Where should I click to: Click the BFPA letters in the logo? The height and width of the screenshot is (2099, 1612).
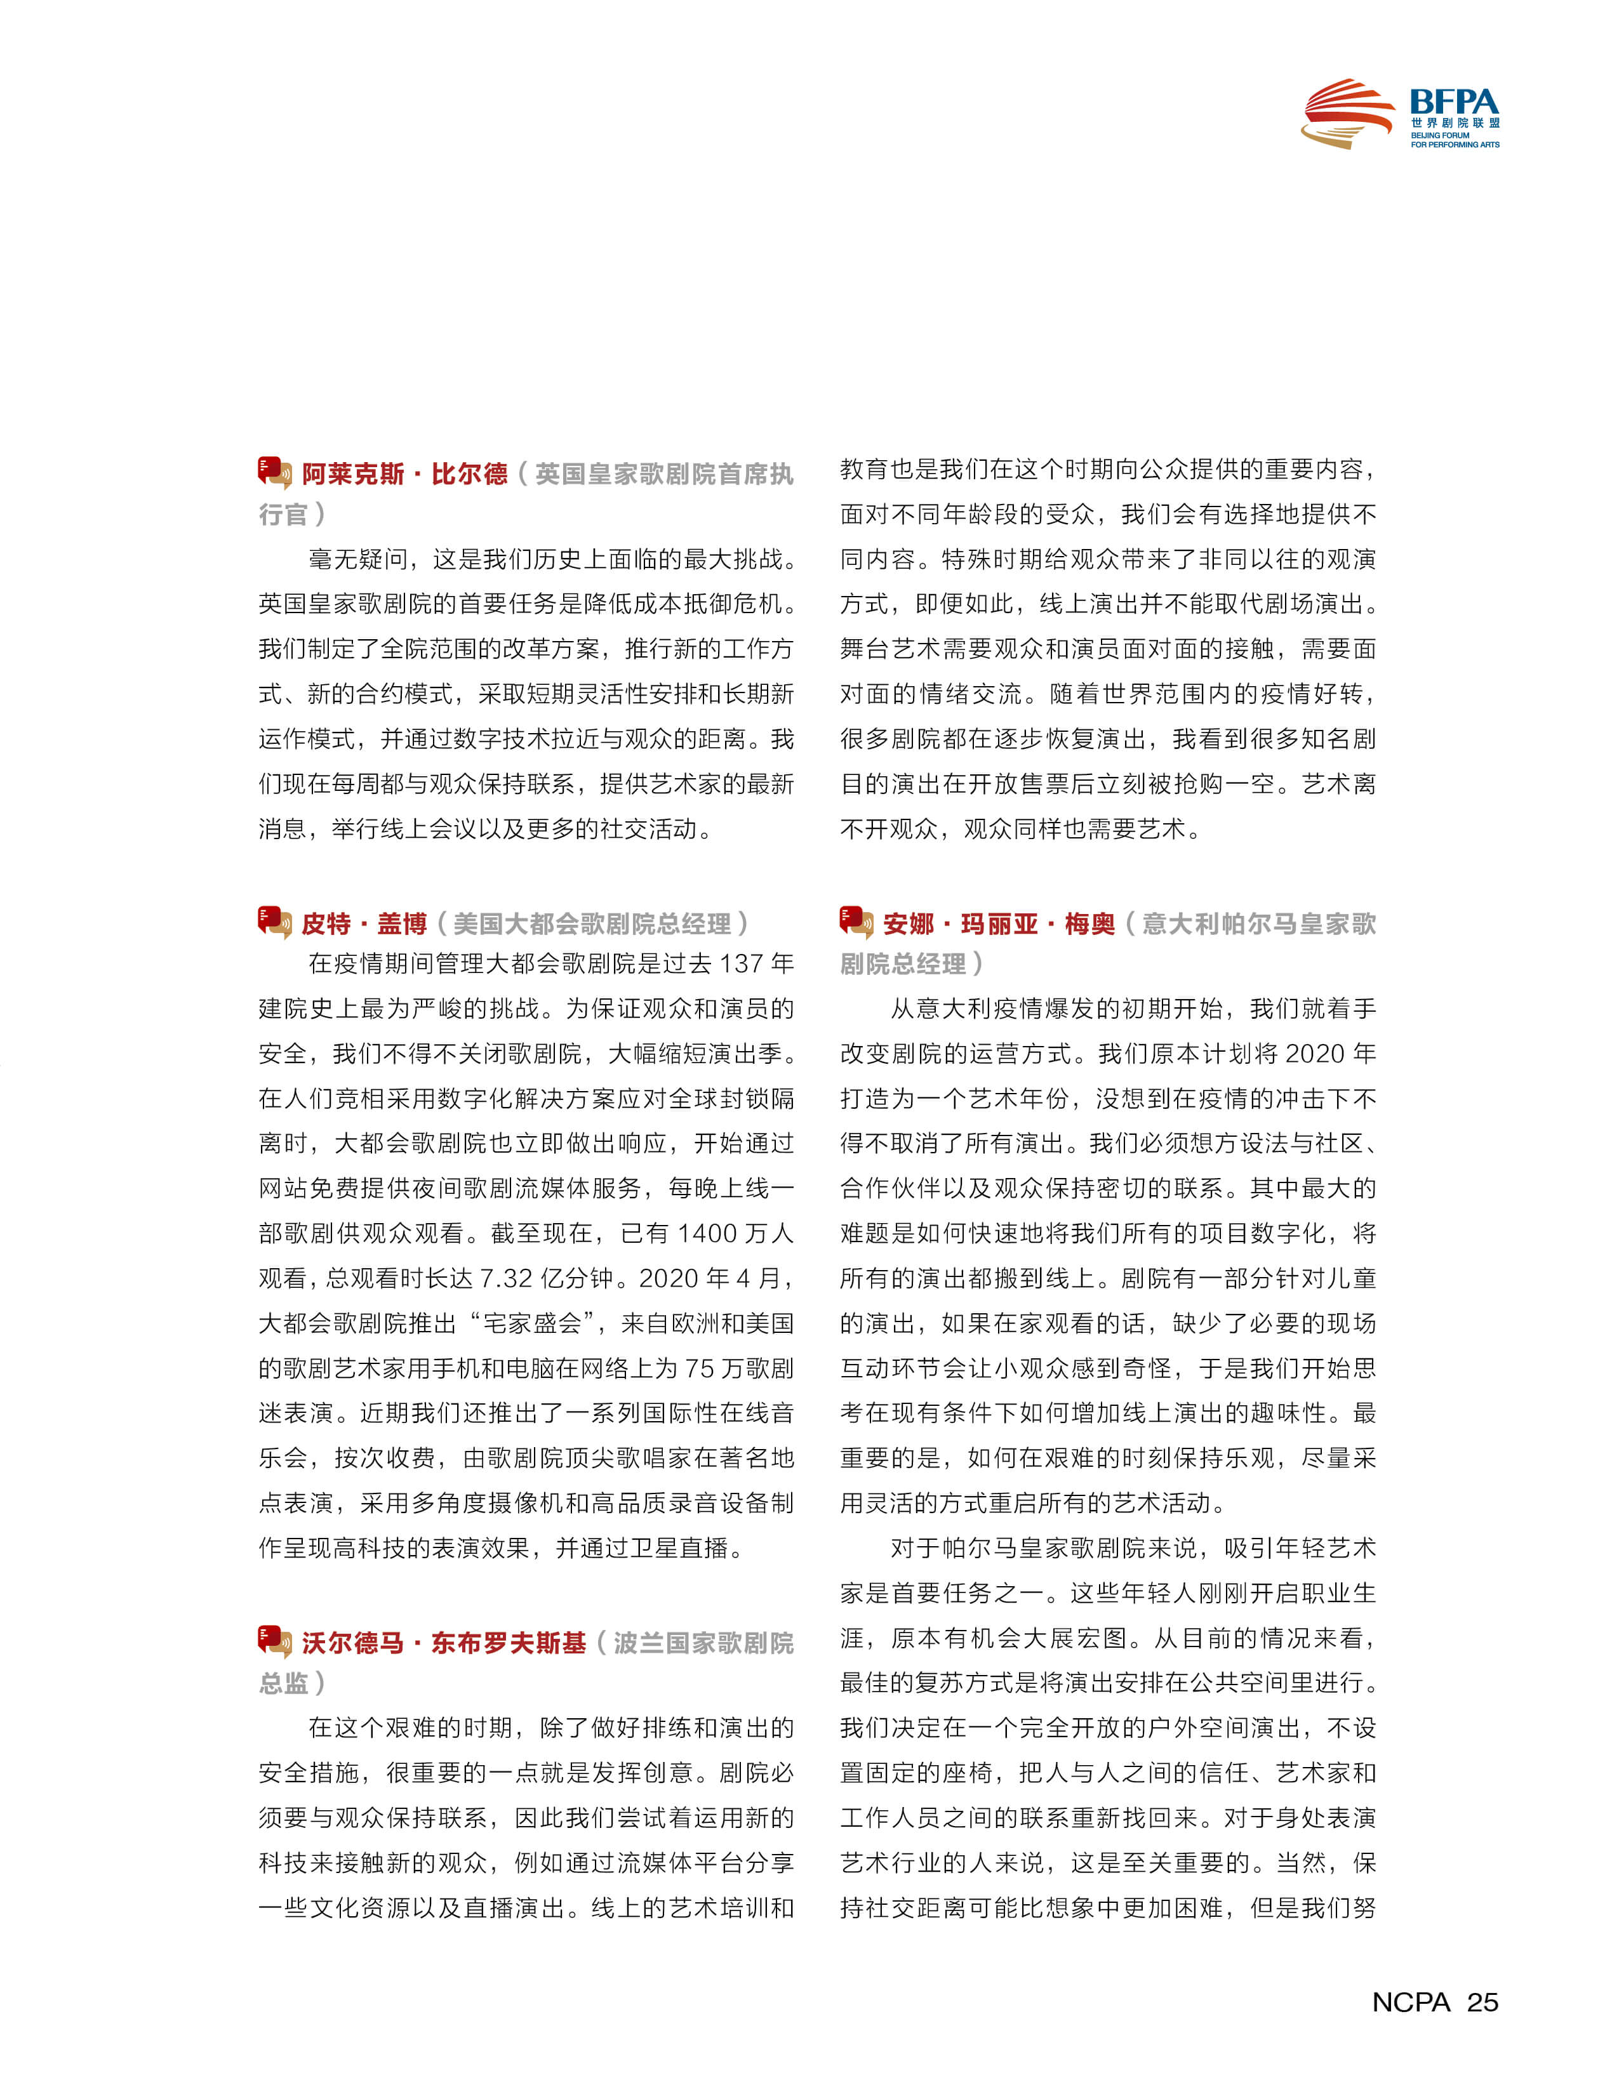(1454, 102)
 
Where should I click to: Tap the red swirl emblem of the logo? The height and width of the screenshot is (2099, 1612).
(1347, 113)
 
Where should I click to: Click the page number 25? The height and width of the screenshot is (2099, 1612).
(1482, 2001)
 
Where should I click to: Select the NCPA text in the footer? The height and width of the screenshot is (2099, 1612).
(1411, 2001)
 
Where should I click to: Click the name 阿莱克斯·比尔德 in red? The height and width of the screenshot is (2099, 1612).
(404, 474)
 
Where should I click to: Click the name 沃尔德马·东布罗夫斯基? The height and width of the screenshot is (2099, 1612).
(443, 1643)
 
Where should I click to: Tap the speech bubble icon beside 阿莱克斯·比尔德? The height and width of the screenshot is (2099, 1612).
(274, 473)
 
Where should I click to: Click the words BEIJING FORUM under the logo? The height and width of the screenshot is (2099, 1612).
(1439, 135)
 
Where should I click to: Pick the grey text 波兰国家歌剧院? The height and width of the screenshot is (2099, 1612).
(703, 1643)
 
